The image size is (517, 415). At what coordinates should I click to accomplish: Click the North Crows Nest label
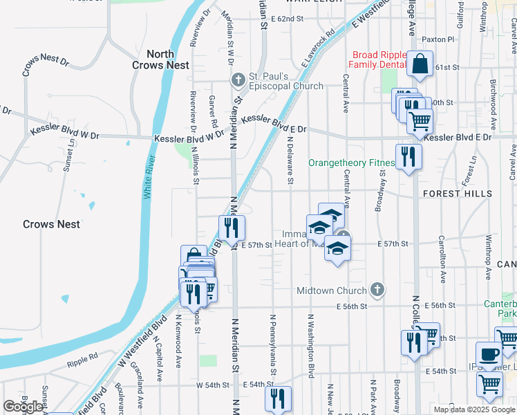pyautogui.click(x=160, y=59)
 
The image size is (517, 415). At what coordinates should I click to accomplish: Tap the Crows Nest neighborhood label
pyautogui.click(x=51, y=224)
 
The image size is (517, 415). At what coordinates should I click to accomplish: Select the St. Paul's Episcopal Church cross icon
pyautogui.click(x=238, y=80)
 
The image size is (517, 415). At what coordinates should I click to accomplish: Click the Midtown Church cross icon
pyautogui.click(x=377, y=289)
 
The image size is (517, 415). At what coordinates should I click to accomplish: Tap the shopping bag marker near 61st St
pyautogui.click(x=420, y=65)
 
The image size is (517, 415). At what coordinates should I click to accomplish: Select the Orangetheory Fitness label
pyautogui.click(x=351, y=163)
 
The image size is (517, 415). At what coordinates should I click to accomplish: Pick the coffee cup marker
pyautogui.click(x=490, y=355)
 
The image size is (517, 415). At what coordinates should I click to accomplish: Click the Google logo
pyautogui.click(x=23, y=407)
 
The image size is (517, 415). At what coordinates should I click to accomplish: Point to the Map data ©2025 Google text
pyautogui.click(x=473, y=409)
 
